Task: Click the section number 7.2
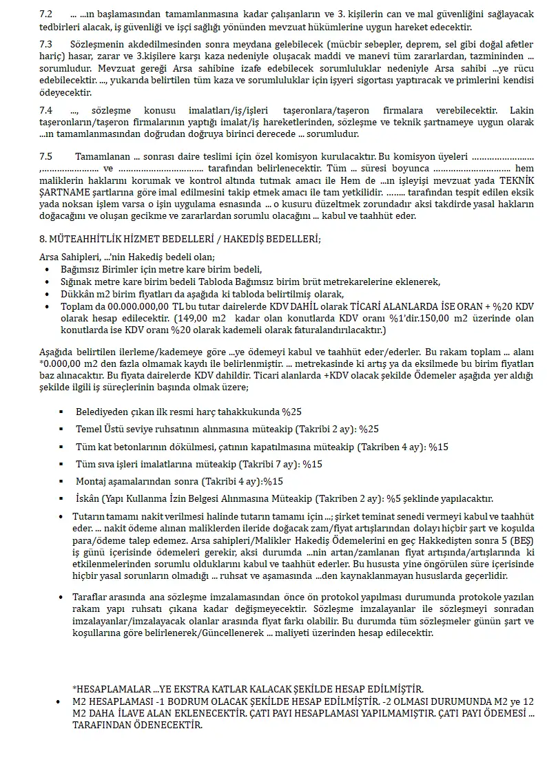47,14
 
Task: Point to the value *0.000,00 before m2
63,363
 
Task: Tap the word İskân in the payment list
90,498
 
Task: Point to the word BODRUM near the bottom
169,701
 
